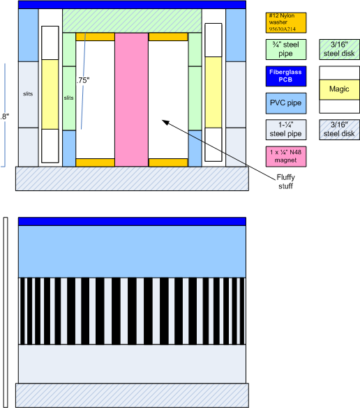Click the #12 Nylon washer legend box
pos(286,22)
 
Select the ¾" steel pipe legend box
pos(286,50)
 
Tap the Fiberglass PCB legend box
pos(286,76)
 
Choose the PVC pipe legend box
pos(286,103)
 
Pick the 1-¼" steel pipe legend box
pos(286,130)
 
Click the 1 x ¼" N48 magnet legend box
pos(286,156)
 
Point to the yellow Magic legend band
pos(340,89)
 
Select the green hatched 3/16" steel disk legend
pos(340,50)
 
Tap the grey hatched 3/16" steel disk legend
pos(340,130)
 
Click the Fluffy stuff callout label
pos(285,181)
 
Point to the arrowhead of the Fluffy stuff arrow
pos(163,120)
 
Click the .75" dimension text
pos(83,80)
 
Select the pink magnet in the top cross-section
pos(132,100)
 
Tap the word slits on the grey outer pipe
pos(28,94)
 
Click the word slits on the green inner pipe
pos(68,98)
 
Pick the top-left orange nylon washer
pos(96,37)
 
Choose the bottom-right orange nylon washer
pos(168,163)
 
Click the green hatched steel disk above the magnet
pos(132,21)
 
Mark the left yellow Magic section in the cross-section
pos(50,94)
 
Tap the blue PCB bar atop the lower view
pos(132,221)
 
